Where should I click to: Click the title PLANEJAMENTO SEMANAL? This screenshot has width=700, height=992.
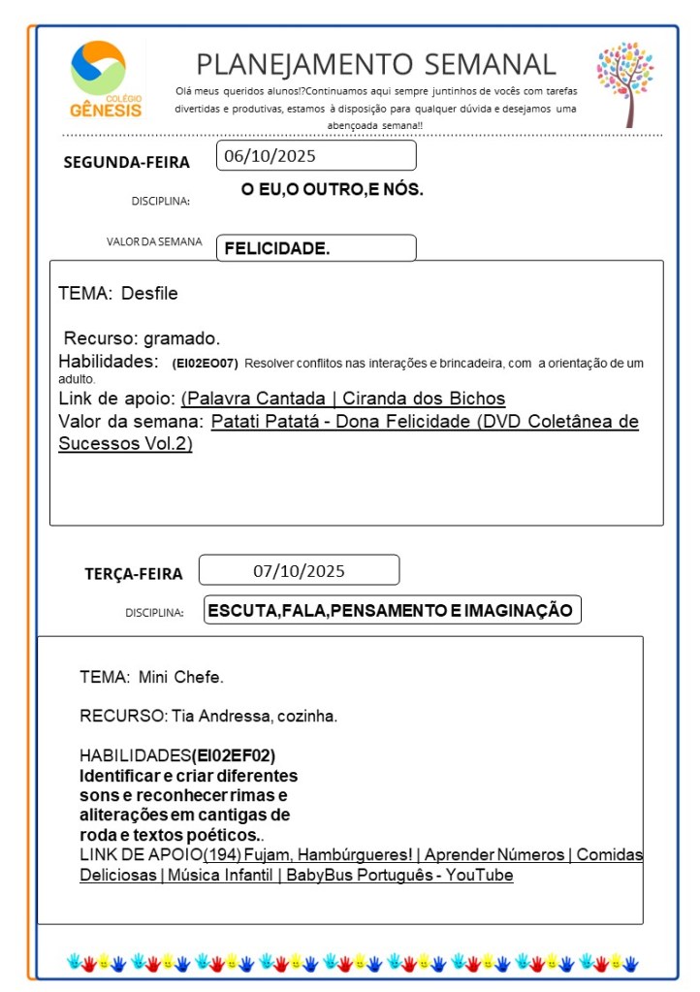tap(376, 64)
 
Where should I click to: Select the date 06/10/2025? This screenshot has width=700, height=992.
tap(270, 155)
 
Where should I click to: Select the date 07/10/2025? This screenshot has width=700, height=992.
tap(299, 570)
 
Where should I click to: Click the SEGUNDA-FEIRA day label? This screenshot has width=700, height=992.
tap(126, 162)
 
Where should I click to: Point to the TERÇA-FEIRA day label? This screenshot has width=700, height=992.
tap(133, 573)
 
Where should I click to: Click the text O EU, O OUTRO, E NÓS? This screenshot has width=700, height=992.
tap(332, 190)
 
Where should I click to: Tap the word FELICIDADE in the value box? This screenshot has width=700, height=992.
tap(277, 248)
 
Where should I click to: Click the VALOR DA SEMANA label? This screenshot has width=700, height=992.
tap(154, 242)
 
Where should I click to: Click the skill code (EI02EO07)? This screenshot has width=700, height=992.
tap(205, 363)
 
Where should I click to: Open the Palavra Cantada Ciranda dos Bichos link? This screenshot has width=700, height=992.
tap(343, 399)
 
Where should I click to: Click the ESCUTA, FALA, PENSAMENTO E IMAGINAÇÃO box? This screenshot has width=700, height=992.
tap(392, 610)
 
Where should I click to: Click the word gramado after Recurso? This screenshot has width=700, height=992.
tap(181, 338)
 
